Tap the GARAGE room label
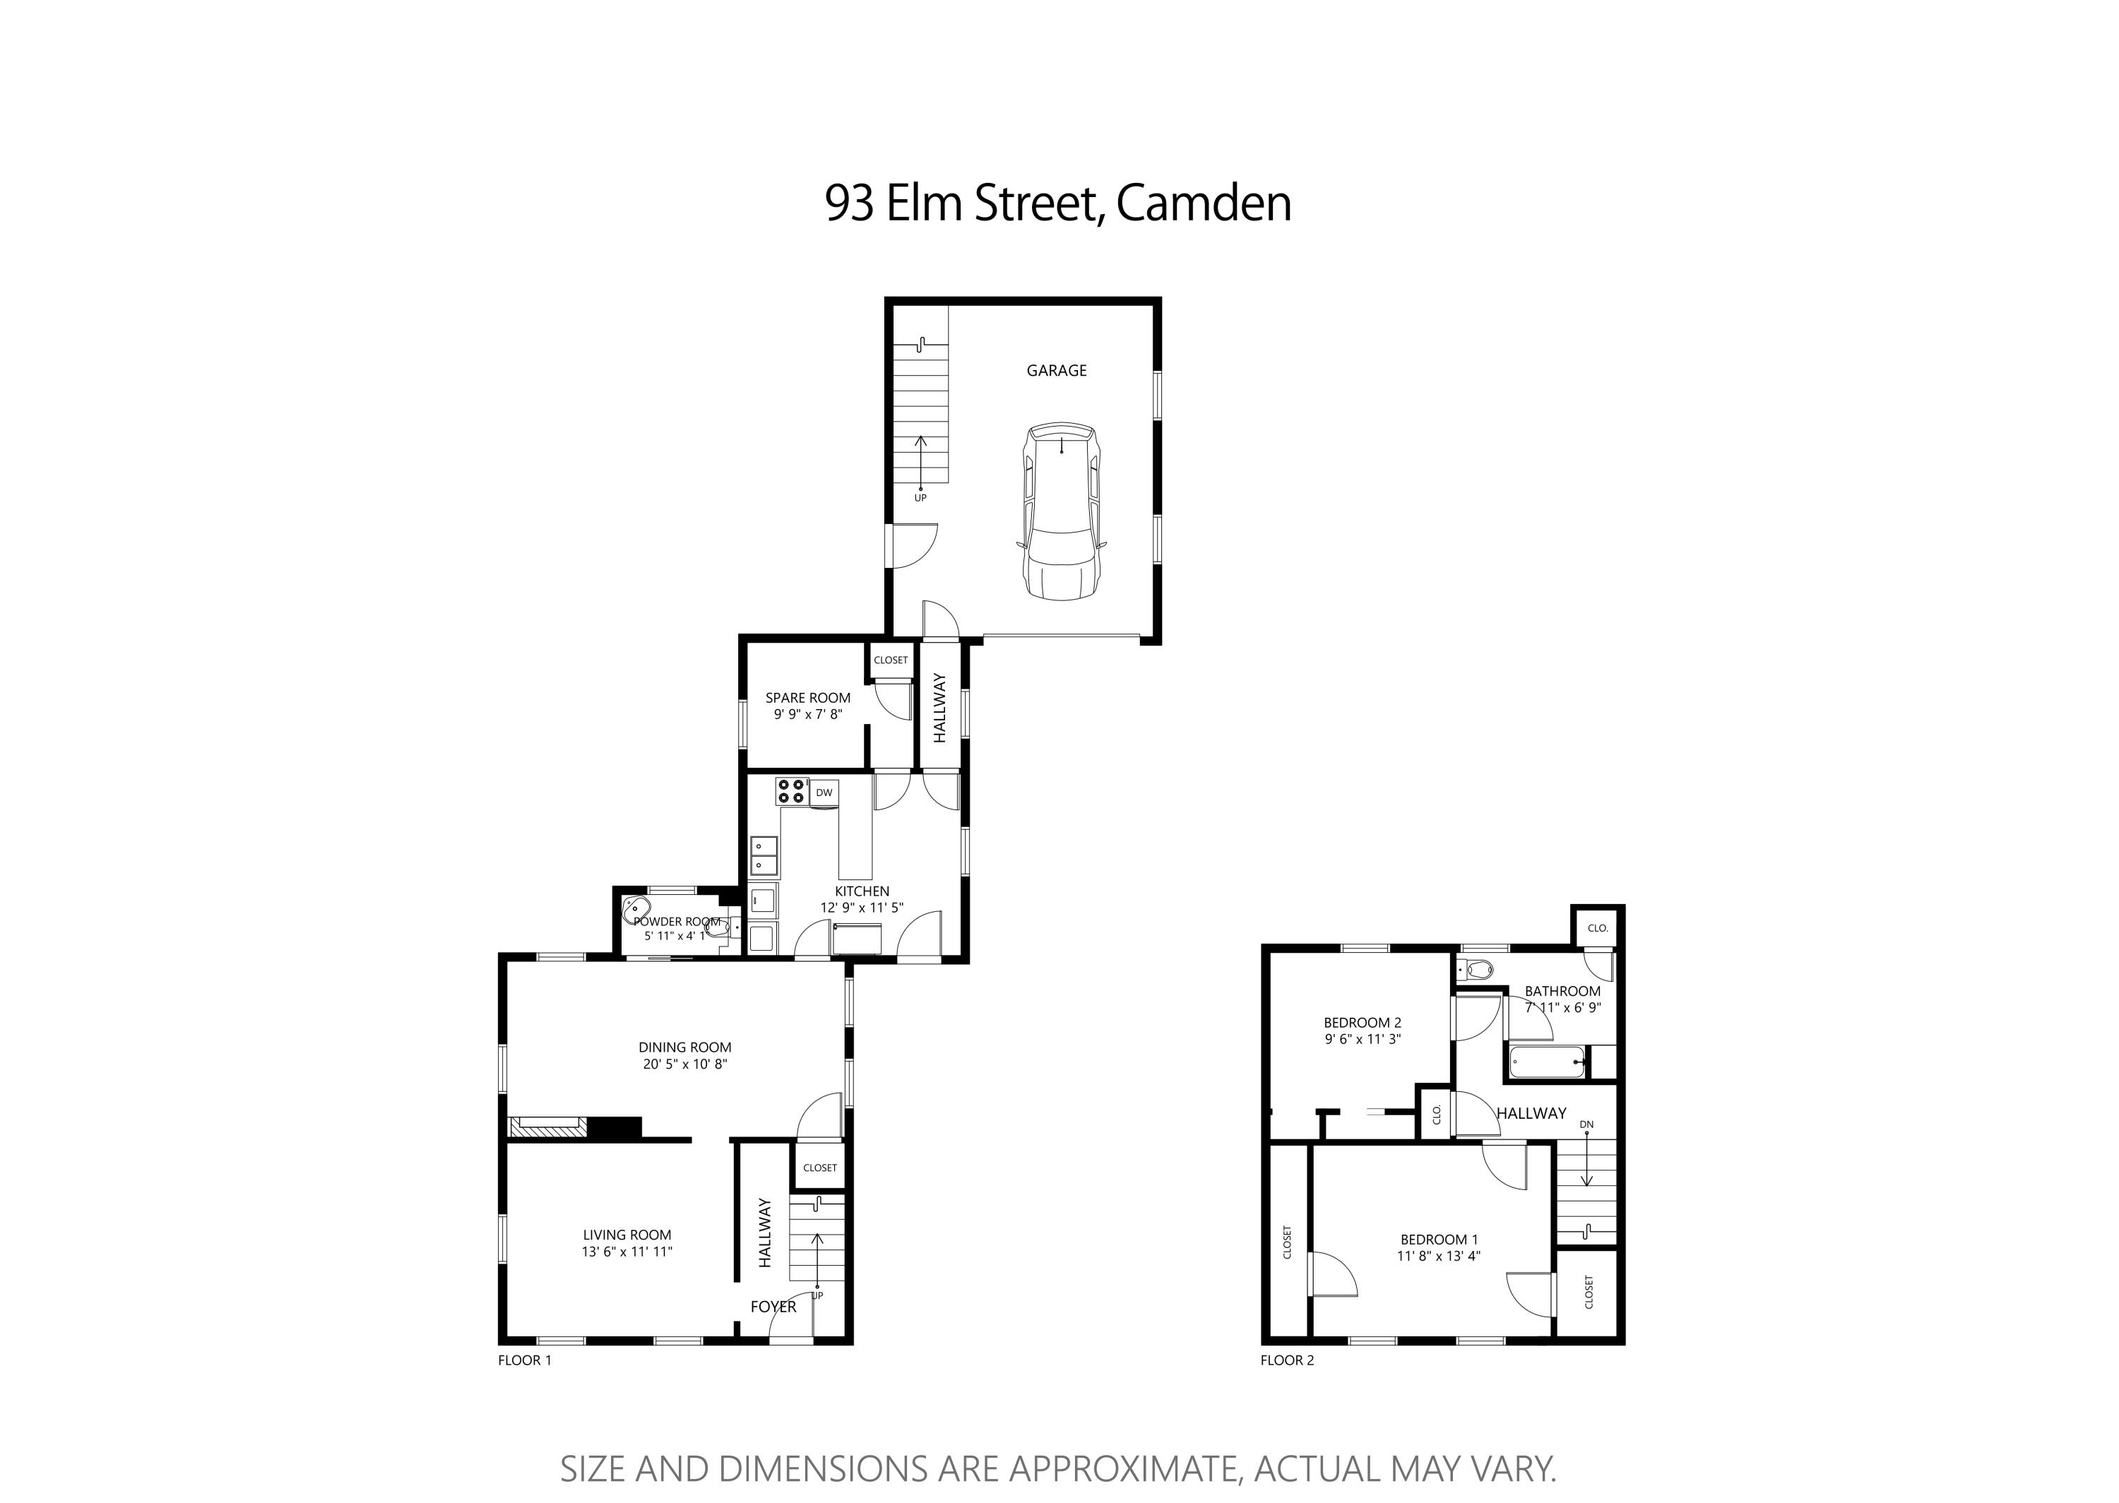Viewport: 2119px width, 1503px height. coord(1056,370)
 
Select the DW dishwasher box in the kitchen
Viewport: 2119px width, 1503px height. coord(824,792)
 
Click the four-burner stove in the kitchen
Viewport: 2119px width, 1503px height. coord(791,790)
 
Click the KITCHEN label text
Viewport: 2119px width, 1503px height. coord(862,891)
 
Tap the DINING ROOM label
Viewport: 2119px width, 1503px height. coord(684,1047)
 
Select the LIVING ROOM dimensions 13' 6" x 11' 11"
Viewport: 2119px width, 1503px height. coord(627,1252)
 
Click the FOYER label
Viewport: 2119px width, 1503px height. coord(773,1307)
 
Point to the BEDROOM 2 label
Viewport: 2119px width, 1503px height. coord(1362,1023)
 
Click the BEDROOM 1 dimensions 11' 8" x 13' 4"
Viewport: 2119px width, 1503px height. coord(1439,1256)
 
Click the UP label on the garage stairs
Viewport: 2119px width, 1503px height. coord(920,498)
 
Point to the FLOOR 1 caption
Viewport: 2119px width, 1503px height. coord(525,1360)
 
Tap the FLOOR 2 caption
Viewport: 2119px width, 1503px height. coord(1287,1360)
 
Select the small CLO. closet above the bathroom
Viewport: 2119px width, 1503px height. coord(1598,928)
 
